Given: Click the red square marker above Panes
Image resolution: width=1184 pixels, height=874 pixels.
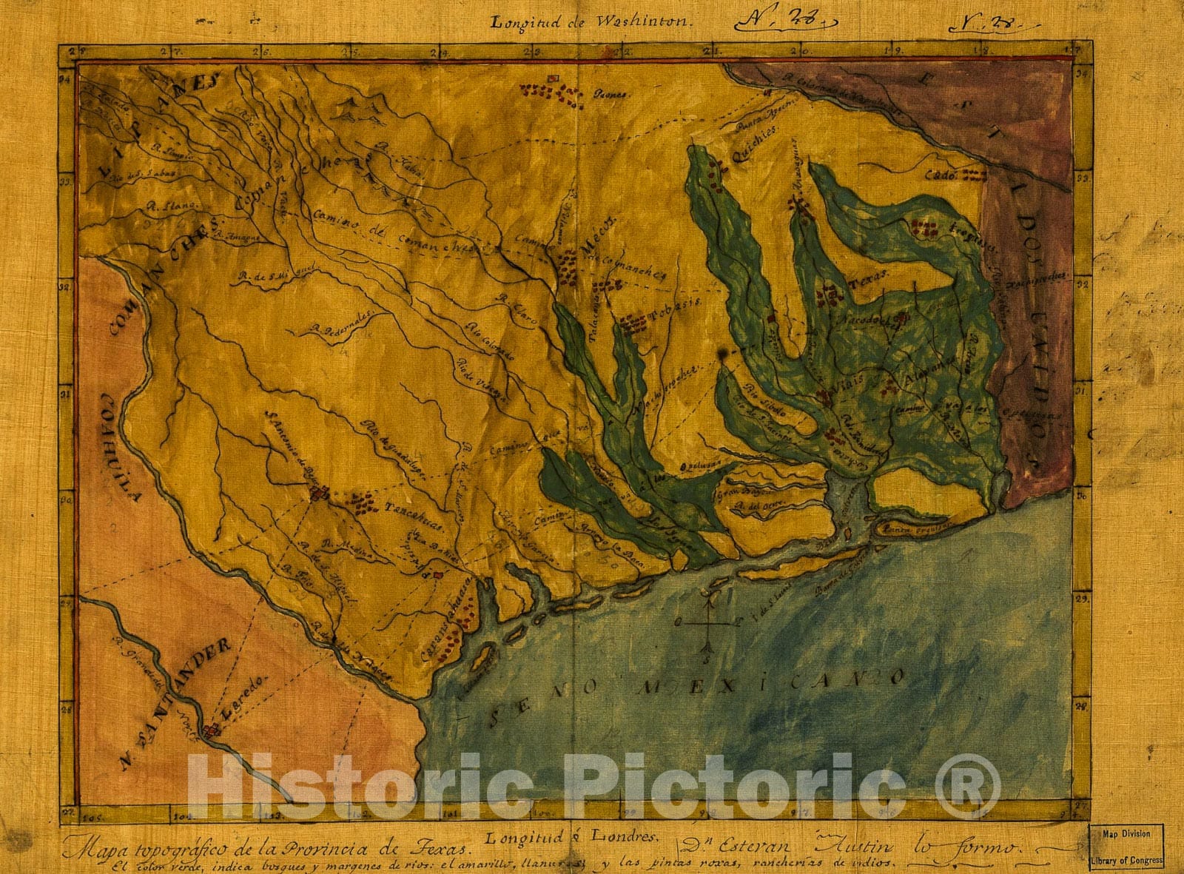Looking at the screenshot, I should coord(553,78).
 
